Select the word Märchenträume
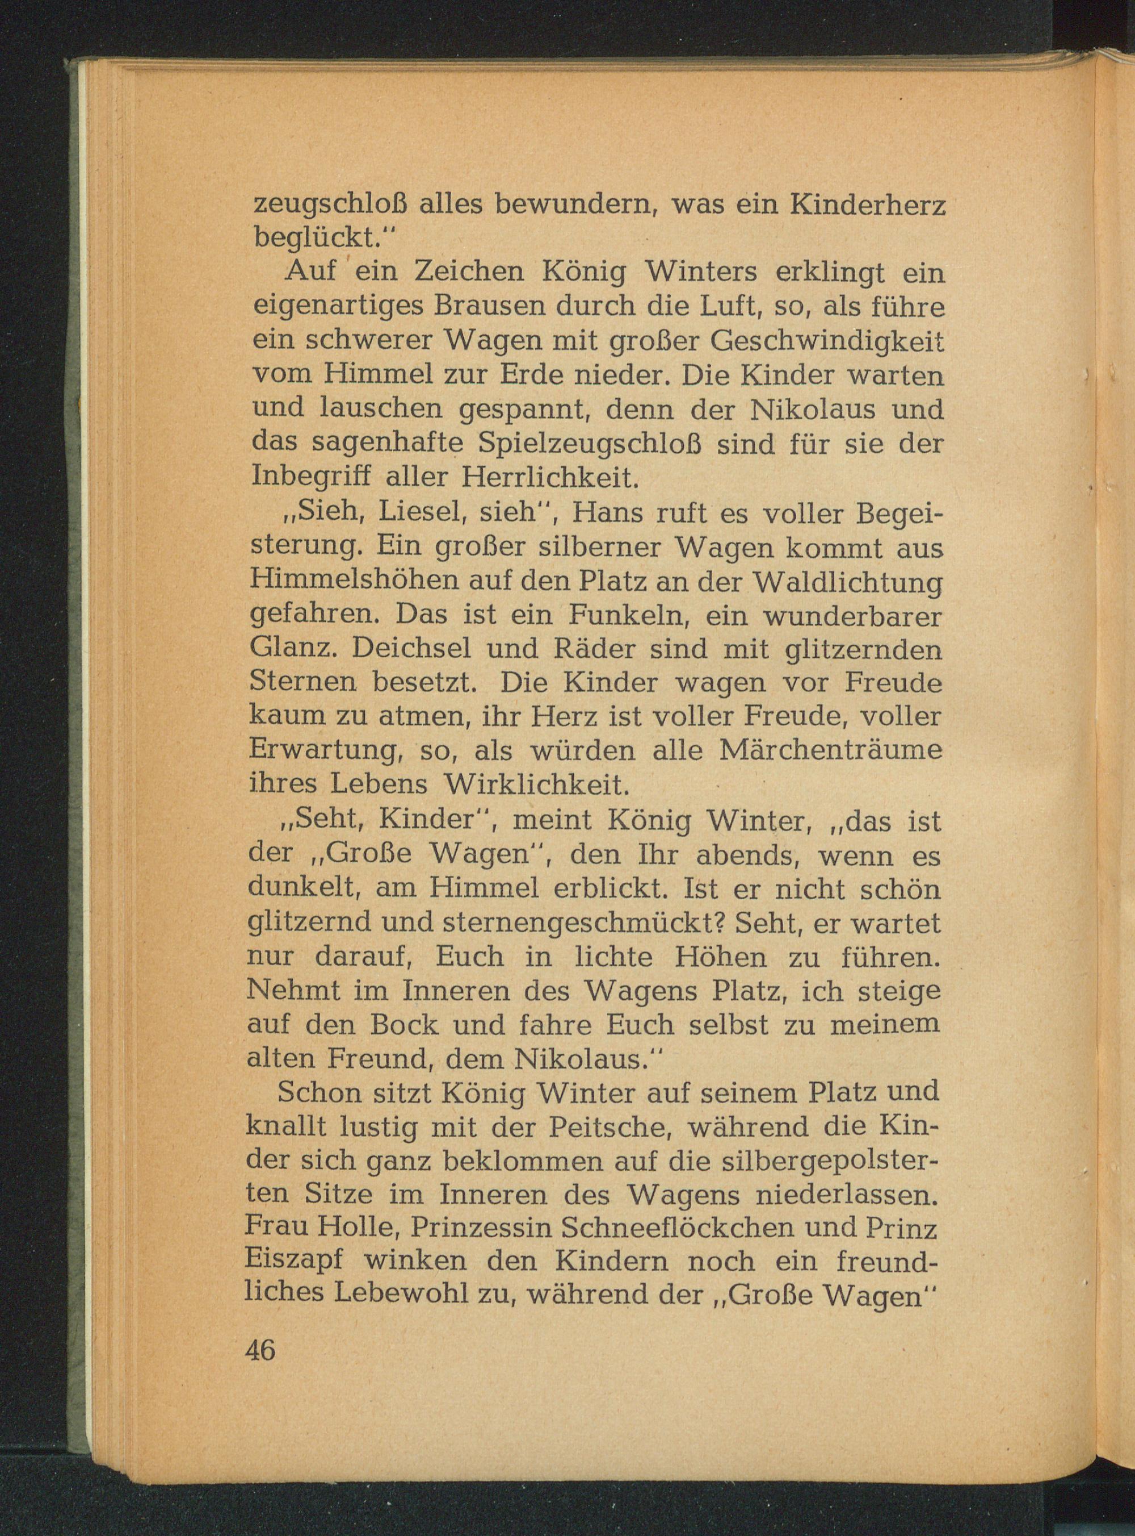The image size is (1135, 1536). pos(830,750)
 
